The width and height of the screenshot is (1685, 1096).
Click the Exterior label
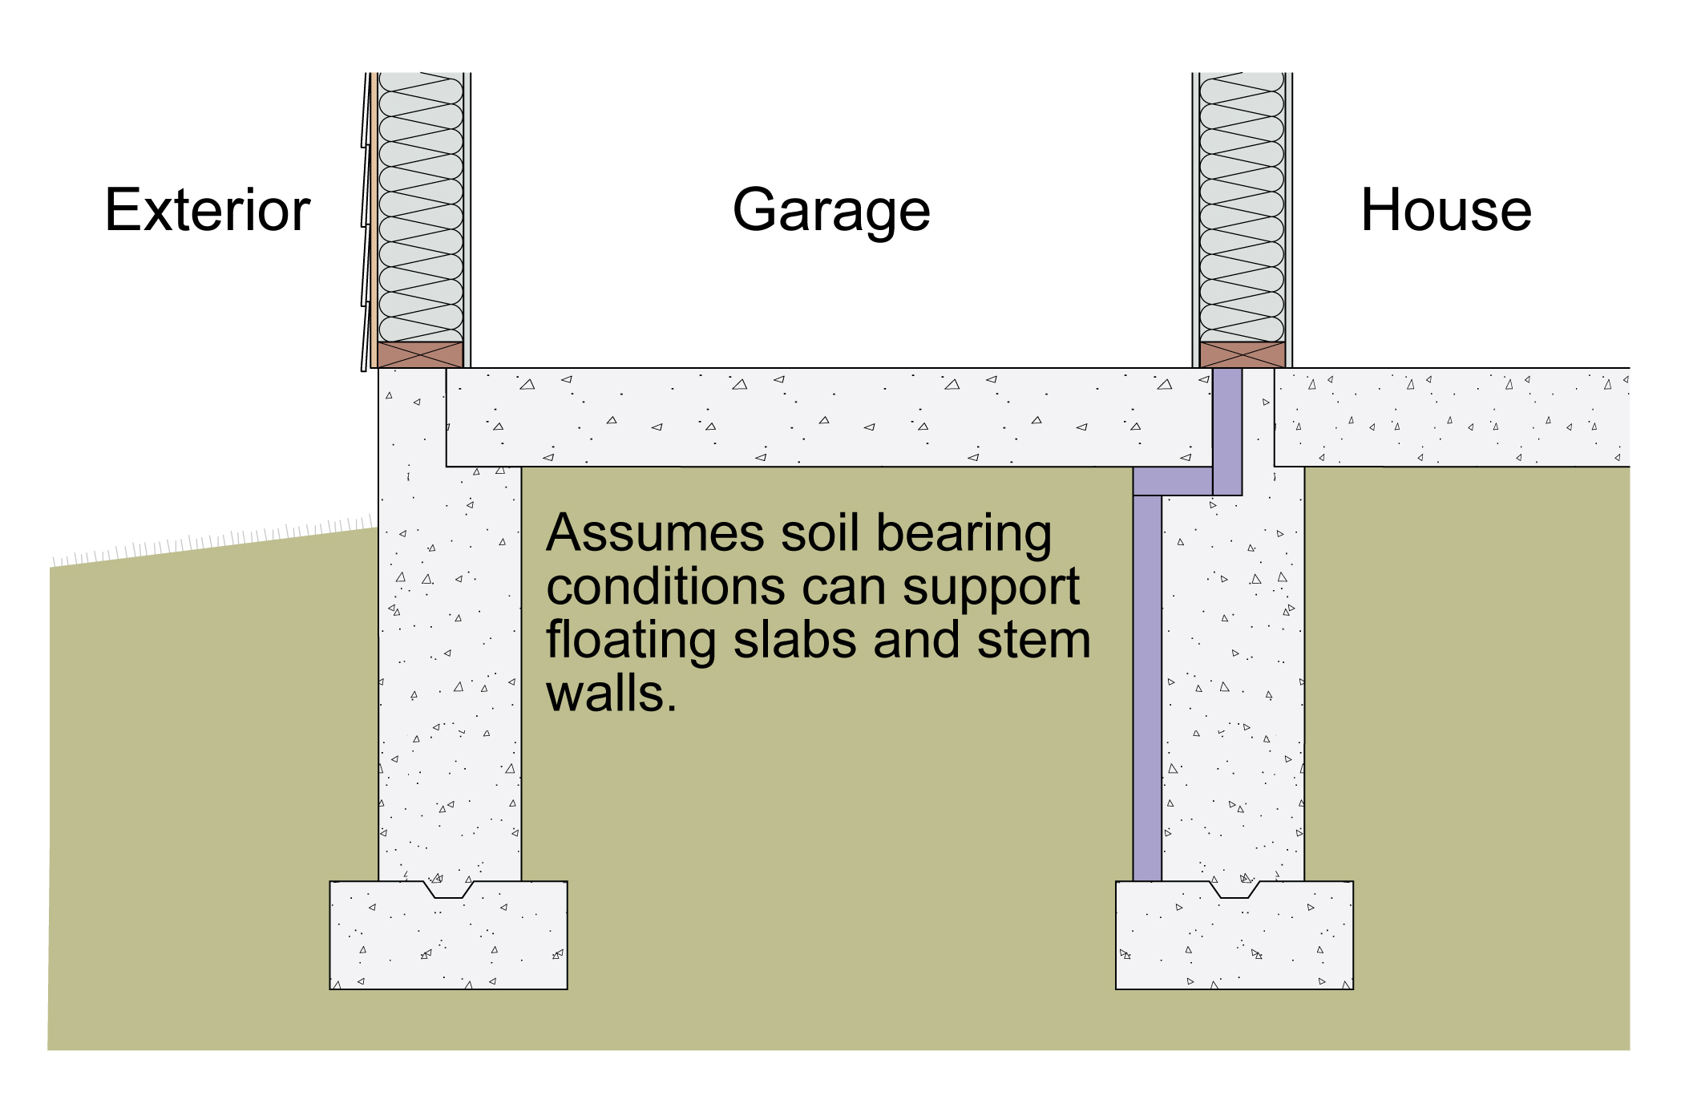click(x=208, y=210)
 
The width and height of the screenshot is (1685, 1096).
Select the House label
click(x=1446, y=210)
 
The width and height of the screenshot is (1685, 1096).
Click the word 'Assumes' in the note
click(x=655, y=533)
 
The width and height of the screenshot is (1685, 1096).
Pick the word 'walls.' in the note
click(x=612, y=693)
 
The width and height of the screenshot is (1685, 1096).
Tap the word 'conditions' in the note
click(x=665, y=586)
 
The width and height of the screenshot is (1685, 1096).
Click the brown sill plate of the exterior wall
click(x=420, y=354)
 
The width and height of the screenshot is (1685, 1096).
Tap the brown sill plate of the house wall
click(x=1243, y=354)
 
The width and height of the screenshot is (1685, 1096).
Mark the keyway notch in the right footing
click(x=1234, y=889)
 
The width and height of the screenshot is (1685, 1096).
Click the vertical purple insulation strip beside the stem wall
click(x=1147, y=688)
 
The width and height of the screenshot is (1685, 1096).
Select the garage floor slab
click(x=829, y=417)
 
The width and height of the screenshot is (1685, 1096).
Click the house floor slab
click(x=1452, y=417)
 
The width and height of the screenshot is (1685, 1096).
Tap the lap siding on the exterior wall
click(x=366, y=221)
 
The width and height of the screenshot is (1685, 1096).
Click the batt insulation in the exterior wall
click(x=421, y=207)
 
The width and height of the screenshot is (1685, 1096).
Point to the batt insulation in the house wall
click(x=1243, y=207)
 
